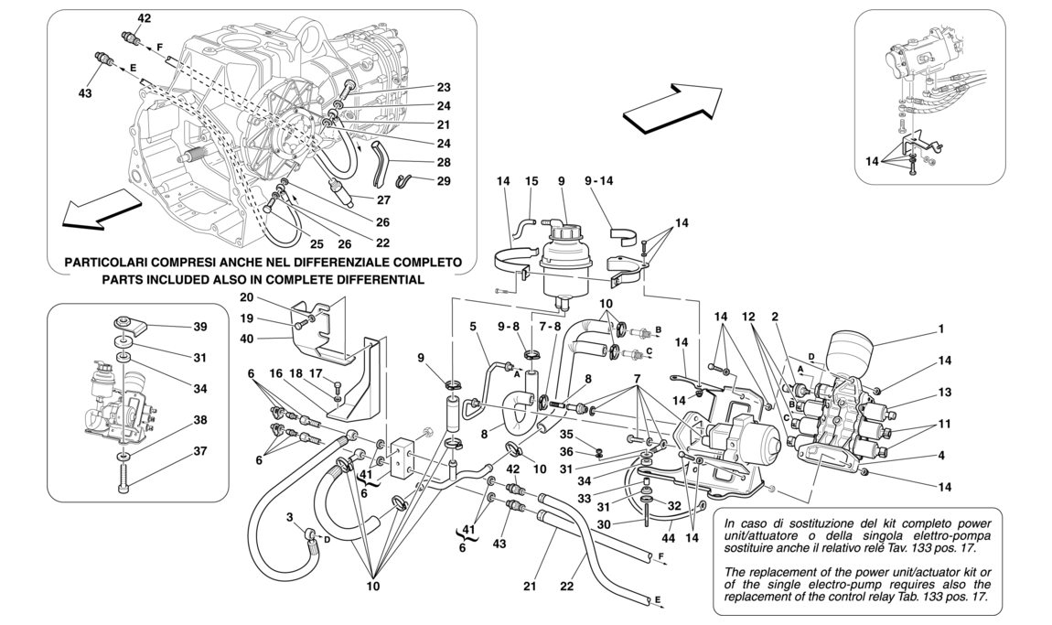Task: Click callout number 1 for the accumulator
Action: coord(940,329)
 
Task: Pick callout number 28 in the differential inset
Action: coord(444,162)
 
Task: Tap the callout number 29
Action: coord(444,181)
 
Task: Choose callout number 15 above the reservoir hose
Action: coord(531,183)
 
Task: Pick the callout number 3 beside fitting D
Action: coord(291,519)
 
